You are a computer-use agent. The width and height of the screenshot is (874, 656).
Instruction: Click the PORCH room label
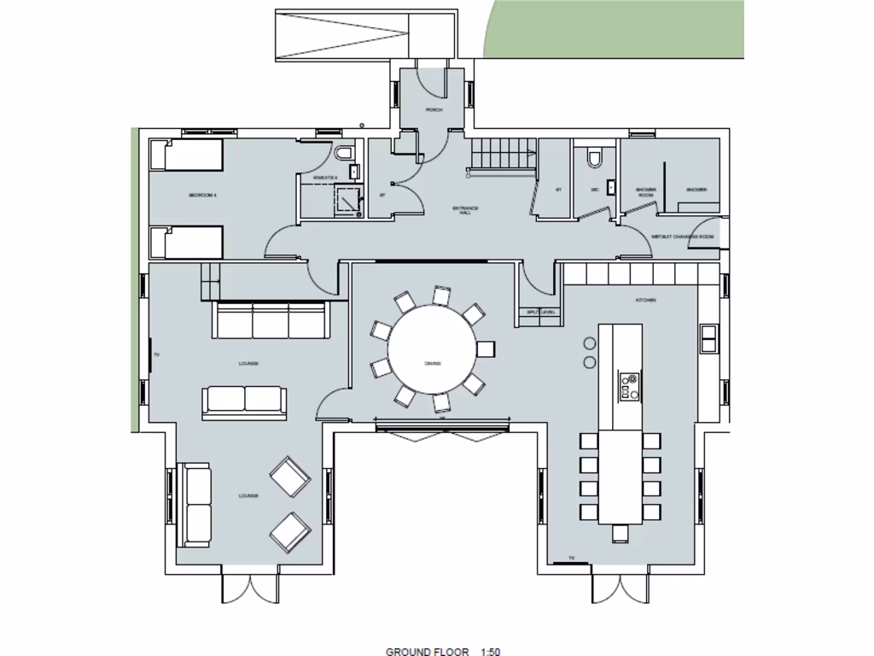coord(434,110)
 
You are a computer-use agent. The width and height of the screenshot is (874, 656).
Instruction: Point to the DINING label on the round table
coord(433,364)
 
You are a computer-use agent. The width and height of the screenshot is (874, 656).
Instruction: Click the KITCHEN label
coord(645,301)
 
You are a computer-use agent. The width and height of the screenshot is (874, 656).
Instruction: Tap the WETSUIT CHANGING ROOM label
coord(682,237)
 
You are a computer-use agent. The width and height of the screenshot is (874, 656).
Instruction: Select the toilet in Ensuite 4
coord(344,154)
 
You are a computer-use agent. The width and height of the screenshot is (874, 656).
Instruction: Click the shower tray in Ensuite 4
coord(347,201)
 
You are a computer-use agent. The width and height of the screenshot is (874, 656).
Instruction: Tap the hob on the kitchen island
coord(630,386)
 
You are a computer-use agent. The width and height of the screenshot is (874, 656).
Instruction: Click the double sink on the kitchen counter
coord(708,338)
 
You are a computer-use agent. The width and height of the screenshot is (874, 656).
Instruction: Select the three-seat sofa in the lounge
coord(271,320)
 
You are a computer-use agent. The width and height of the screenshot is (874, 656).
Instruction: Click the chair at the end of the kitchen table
coord(621,533)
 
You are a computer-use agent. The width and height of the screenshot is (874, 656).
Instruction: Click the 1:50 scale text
coord(490,652)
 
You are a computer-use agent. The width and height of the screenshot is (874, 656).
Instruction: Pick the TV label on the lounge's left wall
coord(157,354)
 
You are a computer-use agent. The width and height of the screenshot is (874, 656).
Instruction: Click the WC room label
coord(595,190)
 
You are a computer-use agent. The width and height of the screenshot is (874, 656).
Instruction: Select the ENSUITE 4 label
coord(326,177)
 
